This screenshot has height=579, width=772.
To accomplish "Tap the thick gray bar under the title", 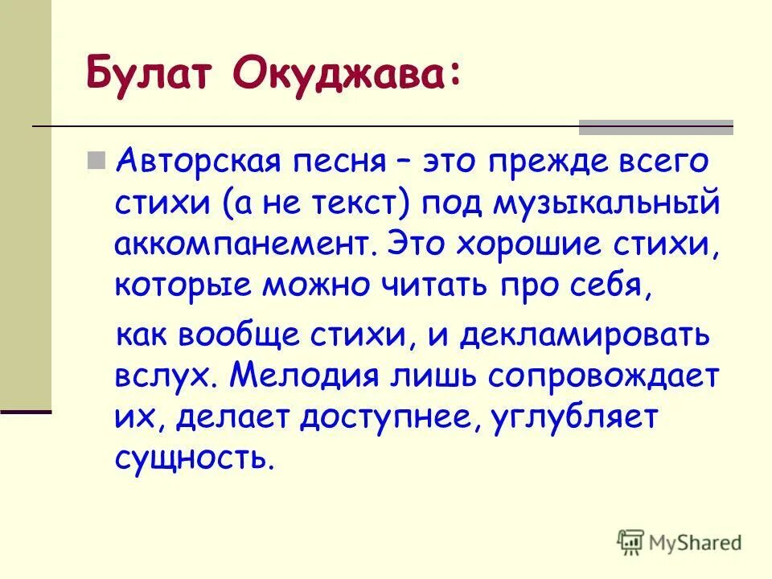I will point(656,126).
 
